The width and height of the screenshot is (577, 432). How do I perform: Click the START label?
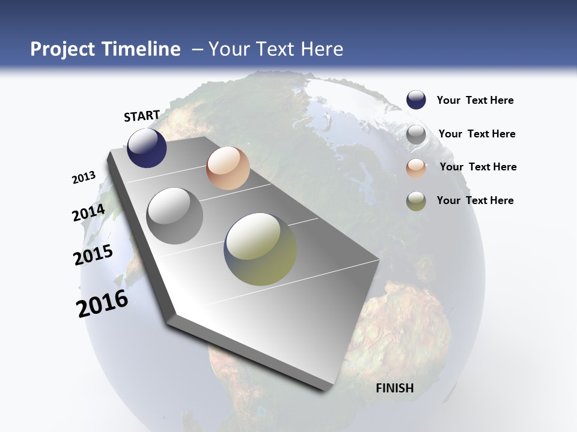click(x=142, y=116)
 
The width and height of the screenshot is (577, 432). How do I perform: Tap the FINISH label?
click(x=395, y=388)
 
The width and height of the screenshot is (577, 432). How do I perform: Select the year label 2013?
click(x=84, y=178)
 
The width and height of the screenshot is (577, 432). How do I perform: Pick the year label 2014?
click(x=89, y=213)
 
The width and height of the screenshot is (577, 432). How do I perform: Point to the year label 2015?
click(x=93, y=255)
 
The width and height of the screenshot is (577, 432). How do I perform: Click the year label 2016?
click(x=102, y=304)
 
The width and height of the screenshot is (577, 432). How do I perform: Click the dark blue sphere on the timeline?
click(x=147, y=148)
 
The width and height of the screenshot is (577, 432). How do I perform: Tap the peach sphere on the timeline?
click(x=228, y=168)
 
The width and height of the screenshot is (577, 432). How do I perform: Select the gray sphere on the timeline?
click(x=174, y=216)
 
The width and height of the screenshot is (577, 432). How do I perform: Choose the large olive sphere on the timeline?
click(x=260, y=249)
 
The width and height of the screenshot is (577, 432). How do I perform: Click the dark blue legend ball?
click(x=416, y=100)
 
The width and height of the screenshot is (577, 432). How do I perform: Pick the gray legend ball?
click(x=416, y=134)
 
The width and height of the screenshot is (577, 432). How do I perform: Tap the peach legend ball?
click(x=416, y=168)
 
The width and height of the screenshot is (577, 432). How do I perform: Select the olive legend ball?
click(x=416, y=201)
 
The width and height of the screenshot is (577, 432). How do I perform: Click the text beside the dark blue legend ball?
click(x=475, y=100)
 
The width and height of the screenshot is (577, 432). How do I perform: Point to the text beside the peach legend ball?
click(x=478, y=167)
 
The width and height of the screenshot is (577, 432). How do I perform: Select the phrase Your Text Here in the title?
click(x=276, y=49)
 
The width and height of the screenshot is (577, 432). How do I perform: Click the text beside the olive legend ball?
click(x=475, y=200)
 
